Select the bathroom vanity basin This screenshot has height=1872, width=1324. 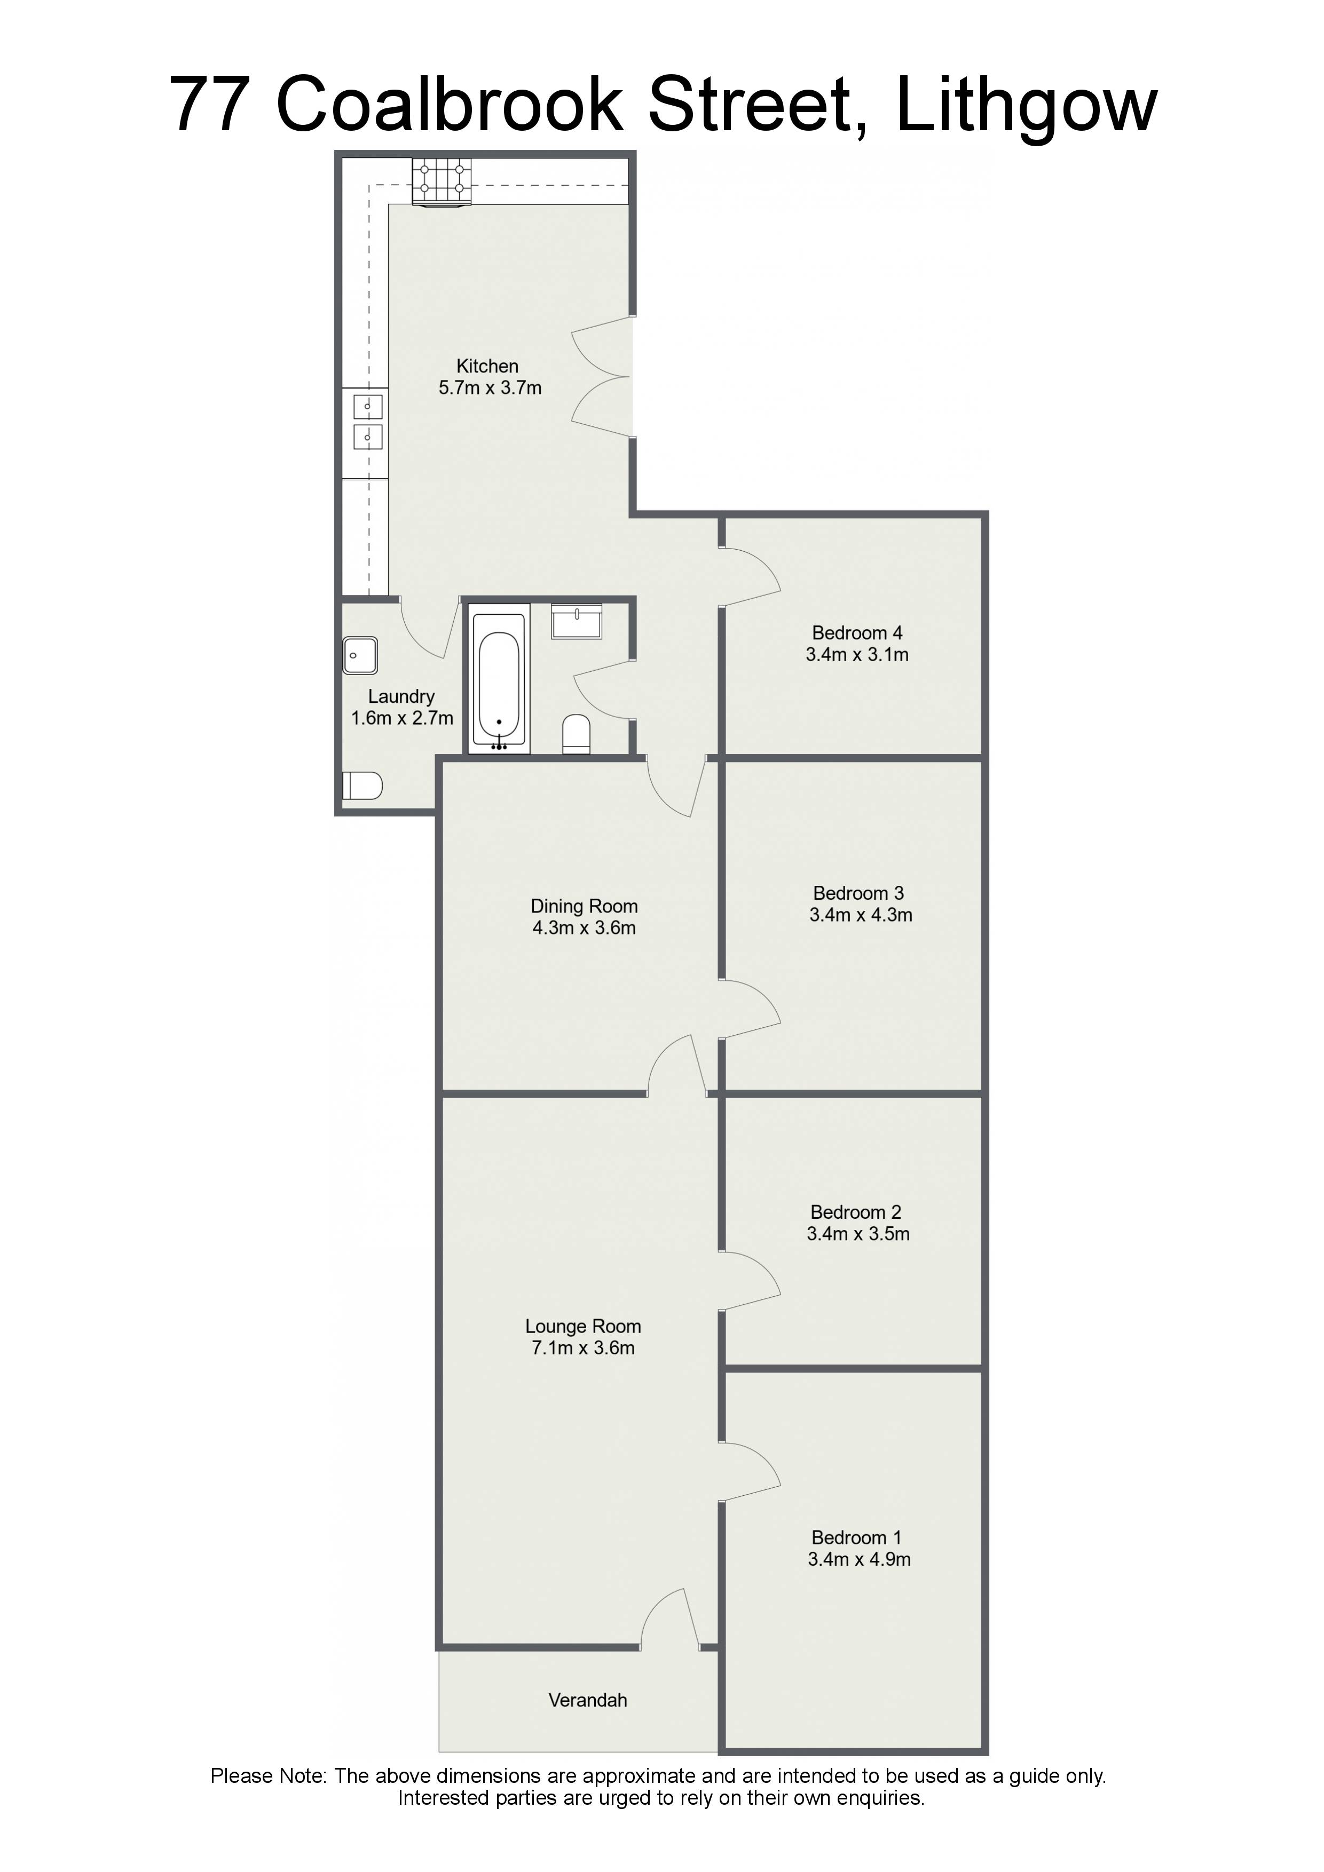(x=577, y=621)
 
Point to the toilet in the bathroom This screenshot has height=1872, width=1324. (x=577, y=734)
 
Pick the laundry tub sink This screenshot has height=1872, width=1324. (x=360, y=655)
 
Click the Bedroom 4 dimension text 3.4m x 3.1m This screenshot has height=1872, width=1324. (x=856, y=654)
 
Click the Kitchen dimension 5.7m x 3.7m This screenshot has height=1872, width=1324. (x=490, y=387)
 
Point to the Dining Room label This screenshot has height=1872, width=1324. (x=584, y=906)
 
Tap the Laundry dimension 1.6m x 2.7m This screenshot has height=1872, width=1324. (x=401, y=718)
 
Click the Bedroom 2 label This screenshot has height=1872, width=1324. (x=856, y=1212)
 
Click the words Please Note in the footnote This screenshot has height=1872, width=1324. (x=269, y=1776)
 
